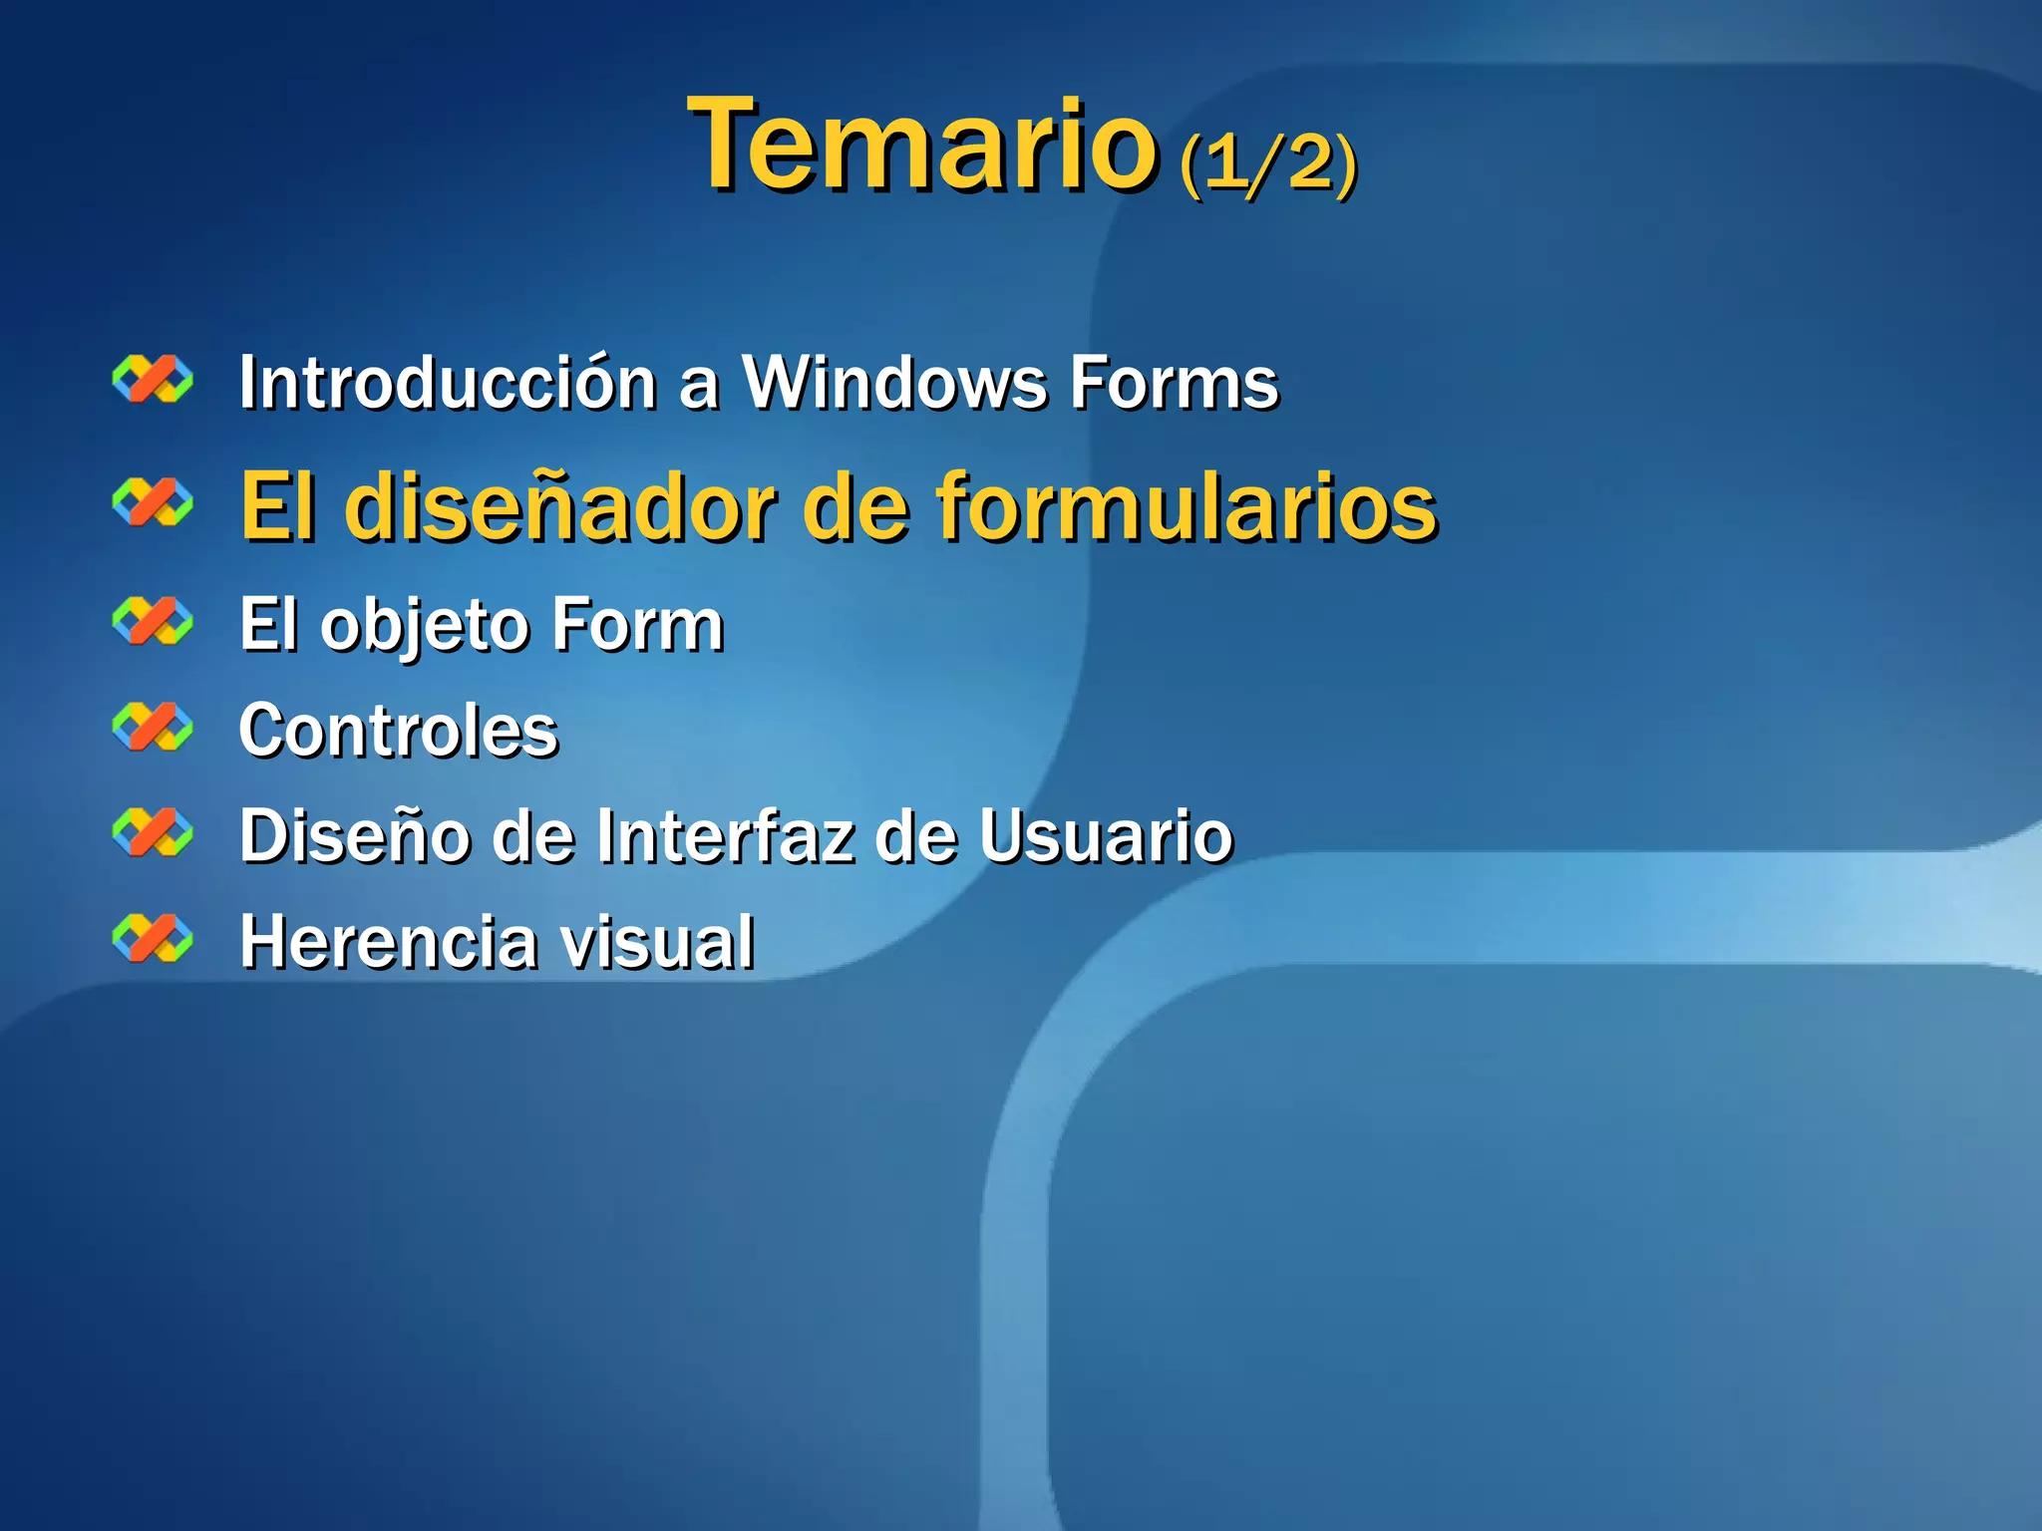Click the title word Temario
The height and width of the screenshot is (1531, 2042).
point(922,146)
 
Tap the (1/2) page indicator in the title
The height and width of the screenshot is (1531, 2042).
point(1267,161)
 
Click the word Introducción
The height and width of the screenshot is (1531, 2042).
point(447,383)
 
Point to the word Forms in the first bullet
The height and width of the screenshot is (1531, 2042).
point(1174,383)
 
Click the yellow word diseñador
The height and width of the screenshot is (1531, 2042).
point(560,507)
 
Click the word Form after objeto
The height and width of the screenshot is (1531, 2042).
point(637,625)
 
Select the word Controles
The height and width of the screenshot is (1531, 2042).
point(399,731)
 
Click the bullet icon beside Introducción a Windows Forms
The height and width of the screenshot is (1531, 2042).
point(153,380)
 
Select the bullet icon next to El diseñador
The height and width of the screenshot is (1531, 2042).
point(153,501)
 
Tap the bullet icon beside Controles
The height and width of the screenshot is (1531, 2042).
point(153,727)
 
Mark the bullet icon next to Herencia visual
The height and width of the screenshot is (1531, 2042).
point(153,938)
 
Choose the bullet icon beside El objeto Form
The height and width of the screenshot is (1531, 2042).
point(153,622)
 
